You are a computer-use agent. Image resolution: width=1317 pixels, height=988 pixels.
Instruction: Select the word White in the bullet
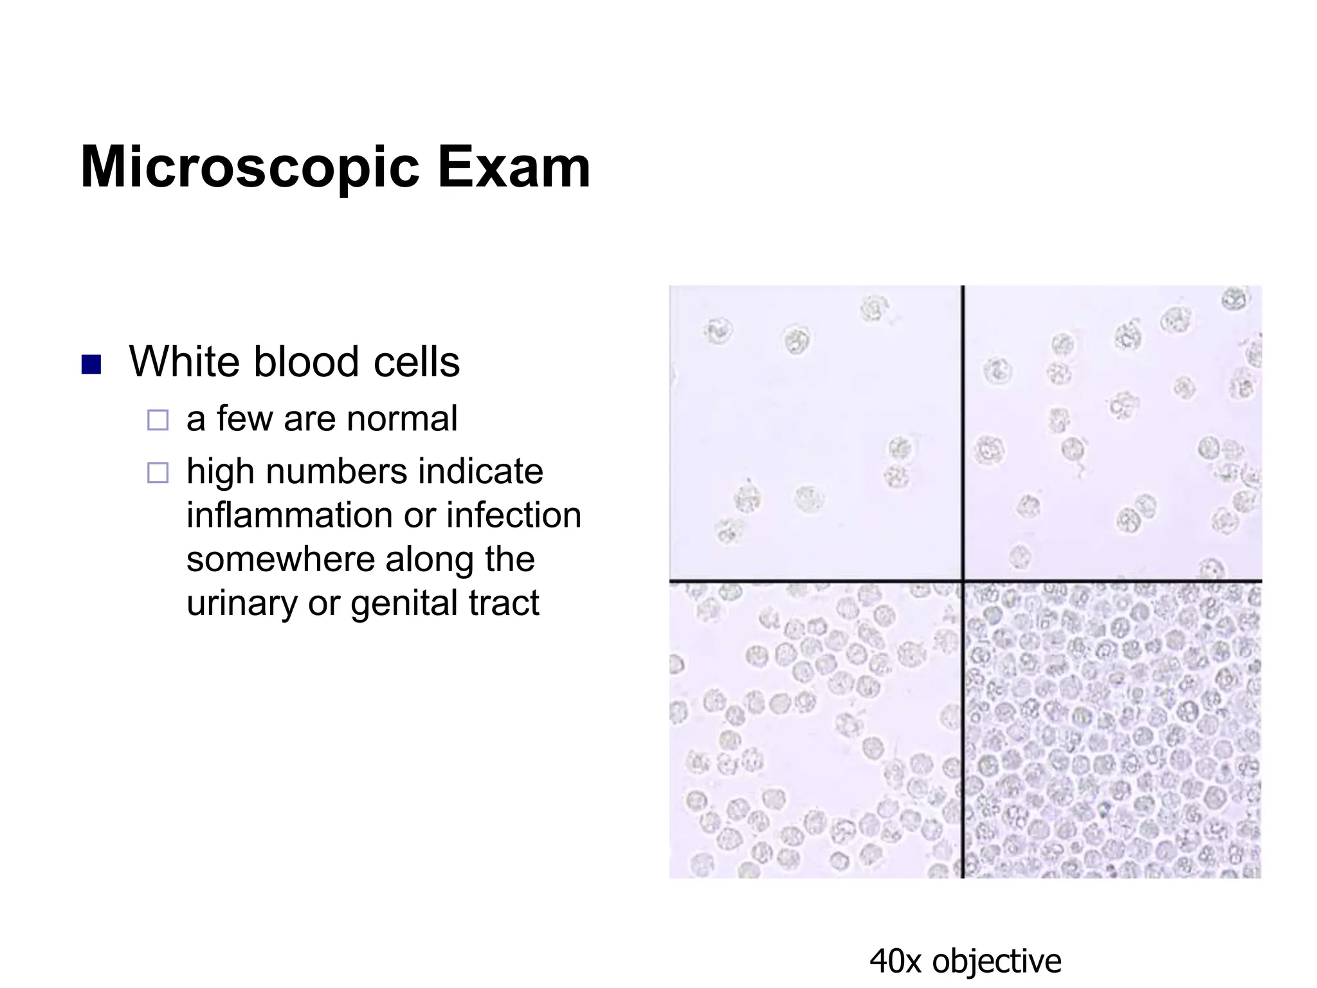coord(185,361)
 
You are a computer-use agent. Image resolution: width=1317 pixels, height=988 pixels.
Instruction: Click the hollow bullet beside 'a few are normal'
coord(158,420)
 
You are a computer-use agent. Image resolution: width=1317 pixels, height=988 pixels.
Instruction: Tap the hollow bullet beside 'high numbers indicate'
coord(158,473)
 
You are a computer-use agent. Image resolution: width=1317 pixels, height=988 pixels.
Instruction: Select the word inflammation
coord(289,515)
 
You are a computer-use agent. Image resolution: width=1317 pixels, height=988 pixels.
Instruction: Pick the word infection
coord(514,515)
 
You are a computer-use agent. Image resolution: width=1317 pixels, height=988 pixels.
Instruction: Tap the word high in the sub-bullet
coord(220,471)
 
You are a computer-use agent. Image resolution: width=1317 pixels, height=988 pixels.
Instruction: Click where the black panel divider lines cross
coord(963,581)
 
